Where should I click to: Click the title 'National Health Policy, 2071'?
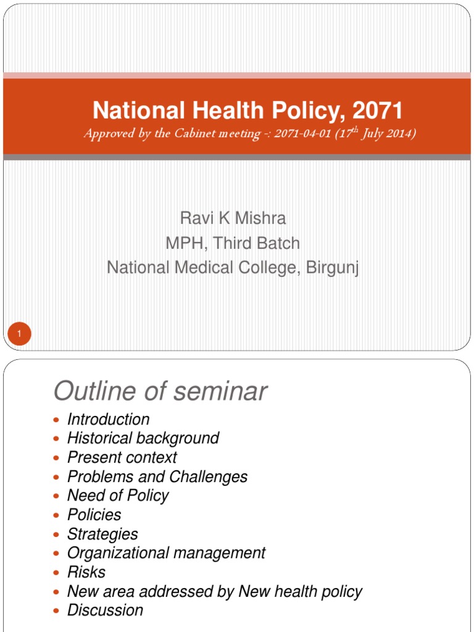coord(247,111)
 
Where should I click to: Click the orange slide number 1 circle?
coord(19,335)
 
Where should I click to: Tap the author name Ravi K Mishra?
coord(233,218)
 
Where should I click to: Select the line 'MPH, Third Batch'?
coord(233,243)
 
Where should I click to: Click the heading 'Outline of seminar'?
coord(160,391)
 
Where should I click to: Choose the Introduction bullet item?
coord(108,420)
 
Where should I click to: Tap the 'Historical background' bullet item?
coord(143,438)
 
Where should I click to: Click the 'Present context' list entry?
coord(122,457)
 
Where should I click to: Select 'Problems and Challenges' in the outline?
coord(157,476)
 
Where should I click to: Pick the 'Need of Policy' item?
coord(117,496)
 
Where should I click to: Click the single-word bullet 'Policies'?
coord(94,515)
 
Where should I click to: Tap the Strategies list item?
coord(102,534)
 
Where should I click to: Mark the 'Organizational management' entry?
coord(166,553)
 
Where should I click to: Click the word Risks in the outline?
coord(86,572)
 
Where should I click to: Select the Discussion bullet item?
coord(105,610)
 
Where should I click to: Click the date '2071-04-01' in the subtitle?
coord(301,134)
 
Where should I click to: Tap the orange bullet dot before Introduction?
coord(57,420)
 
